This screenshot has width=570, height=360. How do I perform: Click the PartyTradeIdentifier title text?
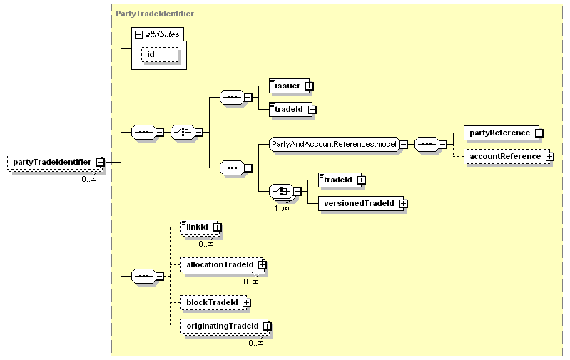pos(155,14)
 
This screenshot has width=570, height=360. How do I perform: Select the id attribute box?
pos(160,54)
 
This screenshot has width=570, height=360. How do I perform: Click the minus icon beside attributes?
pos(139,34)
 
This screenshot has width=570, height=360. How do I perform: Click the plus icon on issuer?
pos(310,86)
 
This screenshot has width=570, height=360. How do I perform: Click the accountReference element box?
pos(507,157)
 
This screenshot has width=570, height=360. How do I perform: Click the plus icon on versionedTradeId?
pos(403,204)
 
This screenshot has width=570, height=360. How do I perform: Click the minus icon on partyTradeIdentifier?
pos(101,163)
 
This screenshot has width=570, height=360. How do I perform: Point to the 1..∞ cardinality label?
pos(282,209)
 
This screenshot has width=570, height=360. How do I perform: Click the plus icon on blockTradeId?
pos(246,302)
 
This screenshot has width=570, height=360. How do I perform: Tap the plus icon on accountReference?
pos(549,157)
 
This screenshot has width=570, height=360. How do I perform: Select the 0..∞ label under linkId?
pos(206,244)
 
